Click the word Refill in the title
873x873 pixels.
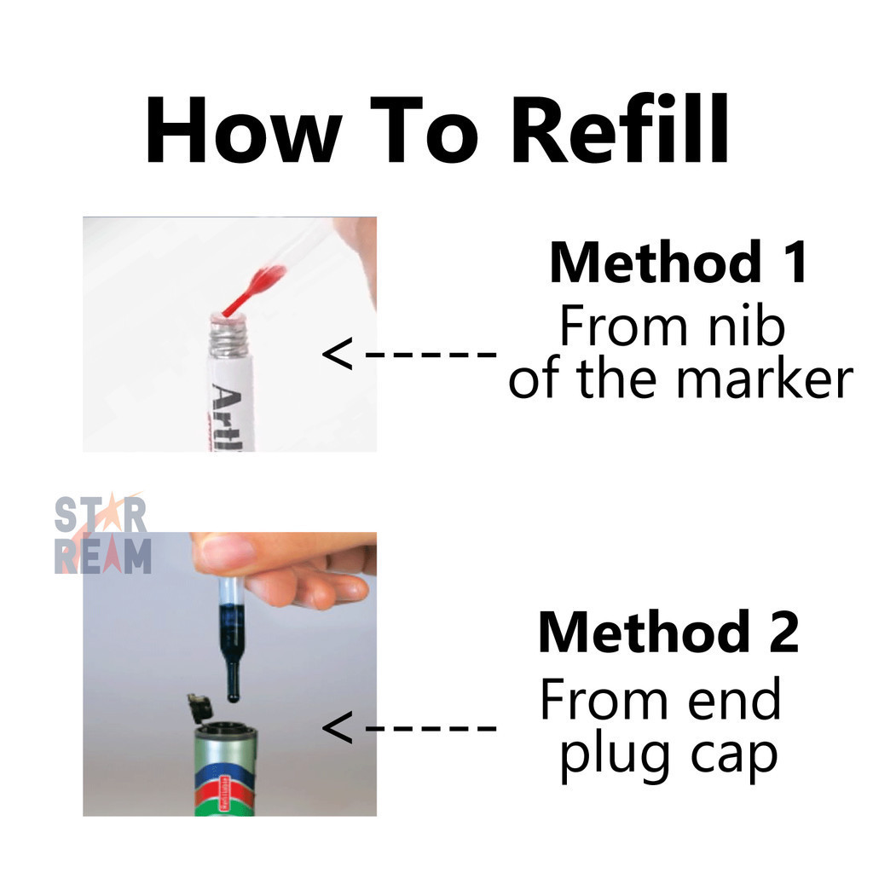pyautogui.click(x=620, y=130)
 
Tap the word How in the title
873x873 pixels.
pyautogui.click(x=244, y=130)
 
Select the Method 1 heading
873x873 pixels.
pyautogui.click(x=678, y=263)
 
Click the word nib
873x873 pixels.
pyautogui.click(x=745, y=327)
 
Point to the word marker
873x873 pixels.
pyautogui.click(x=765, y=380)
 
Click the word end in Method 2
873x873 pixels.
pyautogui.click(x=734, y=700)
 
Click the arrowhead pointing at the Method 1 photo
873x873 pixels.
pyautogui.click(x=338, y=353)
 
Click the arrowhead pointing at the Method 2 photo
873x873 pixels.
pyautogui.click(x=338, y=727)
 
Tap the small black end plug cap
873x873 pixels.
pyautogui.click(x=199, y=707)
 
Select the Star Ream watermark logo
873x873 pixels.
pyautogui.click(x=103, y=534)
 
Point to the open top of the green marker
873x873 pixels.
pyautogui.click(x=225, y=727)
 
